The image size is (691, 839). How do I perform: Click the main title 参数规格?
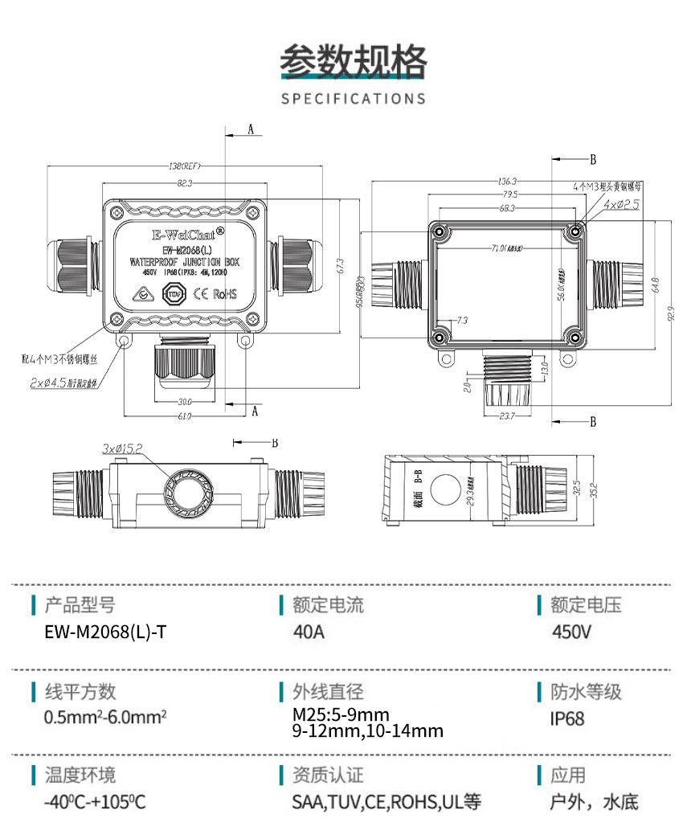[354, 61]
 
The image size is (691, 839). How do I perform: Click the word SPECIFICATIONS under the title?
[354, 99]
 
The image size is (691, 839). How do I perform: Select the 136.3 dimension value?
[507, 182]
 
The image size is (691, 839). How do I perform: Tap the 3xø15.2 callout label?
[121, 447]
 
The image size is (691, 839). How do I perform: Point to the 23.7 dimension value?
[506, 415]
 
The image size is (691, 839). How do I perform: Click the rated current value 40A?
[309, 632]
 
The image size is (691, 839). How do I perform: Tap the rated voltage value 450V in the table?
[572, 632]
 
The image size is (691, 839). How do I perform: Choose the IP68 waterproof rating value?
[567, 718]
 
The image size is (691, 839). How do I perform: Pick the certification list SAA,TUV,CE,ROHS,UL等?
[386, 802]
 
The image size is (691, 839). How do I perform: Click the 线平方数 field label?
[80, 692]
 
